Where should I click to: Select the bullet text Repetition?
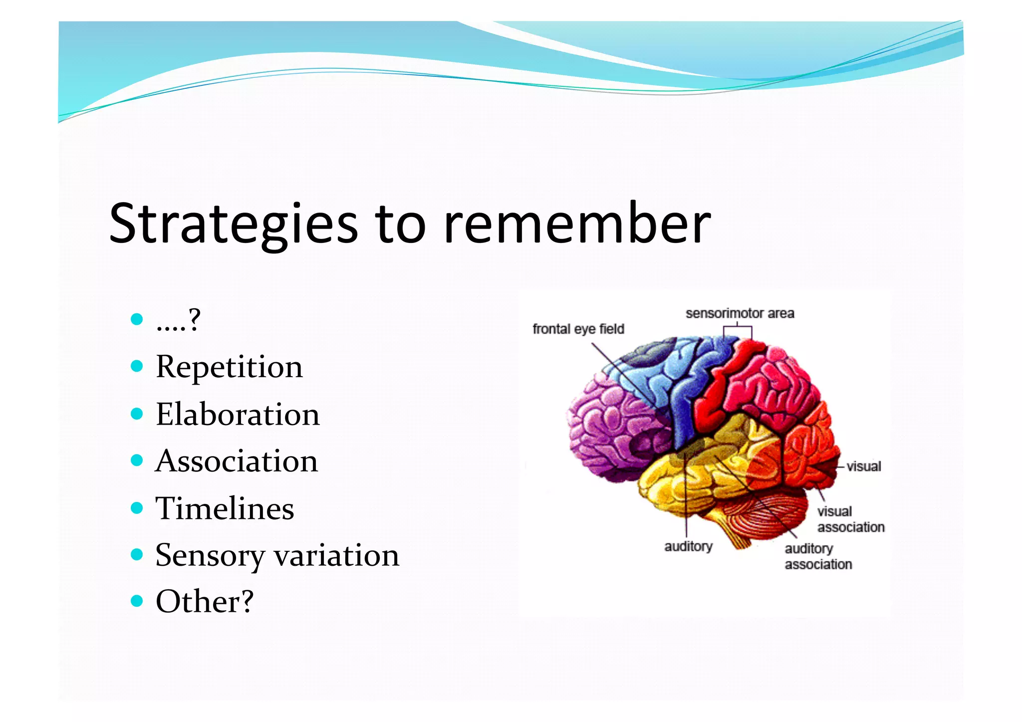point(229,367)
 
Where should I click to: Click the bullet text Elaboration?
point(238,415)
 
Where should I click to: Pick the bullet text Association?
point(237,461)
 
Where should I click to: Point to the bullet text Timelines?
point(225,508)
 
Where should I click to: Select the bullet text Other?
point(205,601)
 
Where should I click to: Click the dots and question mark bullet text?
point(178,320)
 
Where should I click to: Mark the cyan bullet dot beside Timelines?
point(137,508)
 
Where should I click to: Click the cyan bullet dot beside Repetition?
point(137,367)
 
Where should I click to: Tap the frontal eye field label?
point(578,329)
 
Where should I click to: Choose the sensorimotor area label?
point(740,313)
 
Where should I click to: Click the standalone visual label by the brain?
point(864,467)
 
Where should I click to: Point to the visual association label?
point(850,519)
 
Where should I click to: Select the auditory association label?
point(818,556)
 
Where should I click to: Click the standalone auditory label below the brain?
point(688,546)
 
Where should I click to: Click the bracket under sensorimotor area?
point(738,330)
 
